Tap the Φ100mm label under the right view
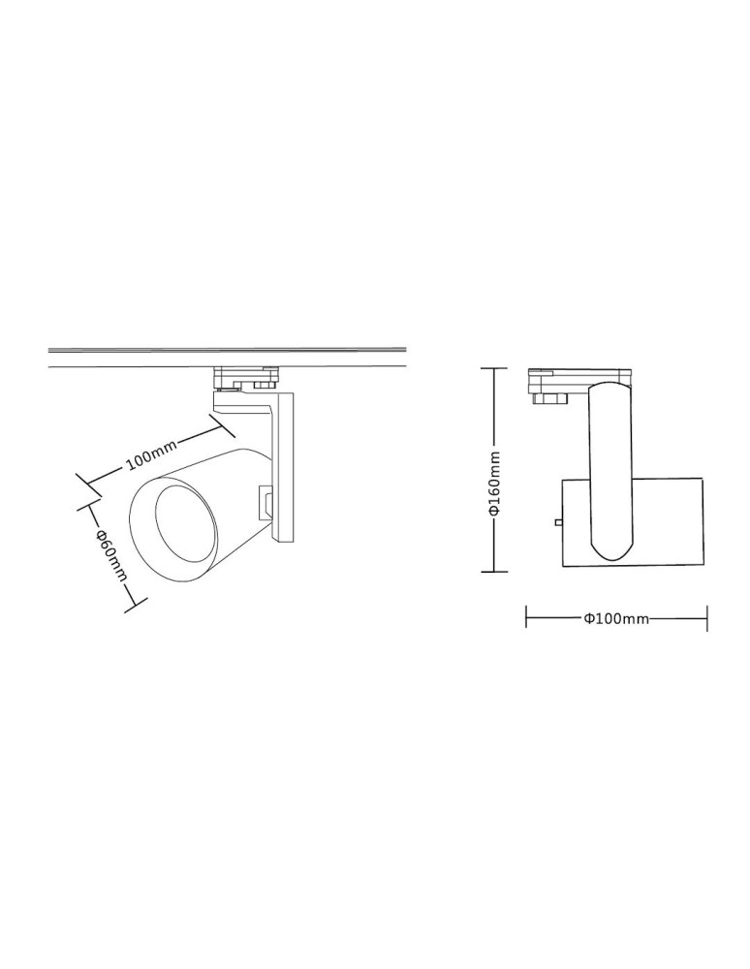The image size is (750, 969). (616, 619)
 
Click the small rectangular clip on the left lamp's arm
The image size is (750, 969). (265, 503)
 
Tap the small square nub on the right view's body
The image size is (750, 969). (558, 522)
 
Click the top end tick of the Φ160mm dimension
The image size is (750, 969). (494, 369)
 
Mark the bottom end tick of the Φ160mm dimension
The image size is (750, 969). (494, 572)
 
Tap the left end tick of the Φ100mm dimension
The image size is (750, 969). (526, 618)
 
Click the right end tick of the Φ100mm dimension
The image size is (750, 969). (706, 618)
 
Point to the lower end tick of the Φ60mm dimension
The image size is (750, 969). (134, 607)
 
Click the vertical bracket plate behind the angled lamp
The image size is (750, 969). (285, 465)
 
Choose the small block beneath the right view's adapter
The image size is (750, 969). (547, 396)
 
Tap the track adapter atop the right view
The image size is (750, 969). (578, 377)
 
